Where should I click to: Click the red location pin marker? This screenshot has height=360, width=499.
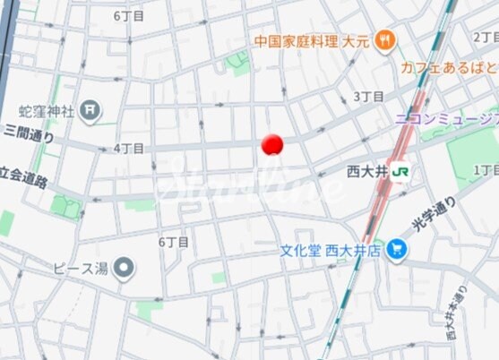point(271,144)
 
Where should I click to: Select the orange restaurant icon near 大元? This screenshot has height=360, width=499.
point(385,39)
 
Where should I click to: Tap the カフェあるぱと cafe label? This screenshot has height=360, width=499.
point(448,66)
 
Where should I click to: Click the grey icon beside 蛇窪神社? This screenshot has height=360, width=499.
point(90,110)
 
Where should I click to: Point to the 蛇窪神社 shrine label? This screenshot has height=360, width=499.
point(46,110)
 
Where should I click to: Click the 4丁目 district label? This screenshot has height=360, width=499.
point(129,148)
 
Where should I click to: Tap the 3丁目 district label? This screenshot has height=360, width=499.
point(368,96)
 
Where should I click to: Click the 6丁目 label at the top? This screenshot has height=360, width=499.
point(129,16)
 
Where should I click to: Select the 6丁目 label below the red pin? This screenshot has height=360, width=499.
point(173,242)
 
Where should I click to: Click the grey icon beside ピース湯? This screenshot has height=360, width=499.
point(125,267)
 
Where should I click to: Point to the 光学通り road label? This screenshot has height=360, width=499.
point(434,215)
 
